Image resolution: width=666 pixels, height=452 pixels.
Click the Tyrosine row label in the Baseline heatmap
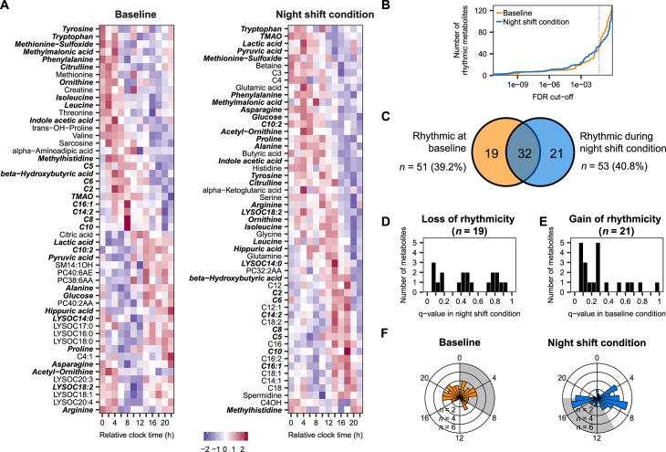[78, 29]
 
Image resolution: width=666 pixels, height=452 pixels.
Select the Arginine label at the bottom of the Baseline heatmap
[78, 410]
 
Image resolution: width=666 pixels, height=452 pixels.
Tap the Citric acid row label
[76, 235]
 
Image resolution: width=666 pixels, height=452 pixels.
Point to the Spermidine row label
[263, 395]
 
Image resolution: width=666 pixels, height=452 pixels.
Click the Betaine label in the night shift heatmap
[269, 66]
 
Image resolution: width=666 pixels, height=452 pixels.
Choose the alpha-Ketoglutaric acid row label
[242, 190]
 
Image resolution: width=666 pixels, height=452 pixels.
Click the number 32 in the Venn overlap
[525, 153]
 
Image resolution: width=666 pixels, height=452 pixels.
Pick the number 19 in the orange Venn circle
[492, 153]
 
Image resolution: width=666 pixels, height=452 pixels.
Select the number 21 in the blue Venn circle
[557, 153]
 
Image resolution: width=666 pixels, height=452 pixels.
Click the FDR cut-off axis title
[553, 97]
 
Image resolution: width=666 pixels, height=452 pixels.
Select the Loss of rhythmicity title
[468, 219]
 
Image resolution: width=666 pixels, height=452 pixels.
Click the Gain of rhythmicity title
[615, 219]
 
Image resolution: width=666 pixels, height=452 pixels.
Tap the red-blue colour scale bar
[225, 436]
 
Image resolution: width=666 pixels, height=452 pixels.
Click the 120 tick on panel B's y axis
[481, 11]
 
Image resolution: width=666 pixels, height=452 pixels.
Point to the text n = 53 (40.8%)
[614, 167]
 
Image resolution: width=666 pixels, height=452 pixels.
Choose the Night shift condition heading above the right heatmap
[325, 15]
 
